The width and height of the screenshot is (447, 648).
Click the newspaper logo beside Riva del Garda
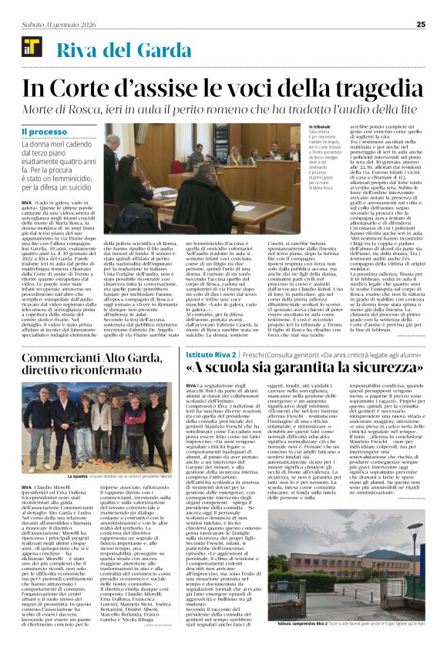click(31, 51)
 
